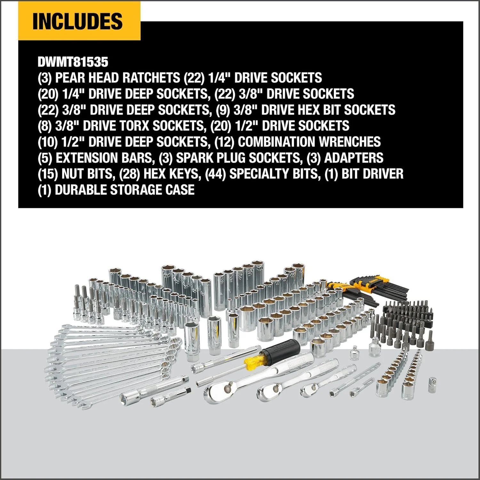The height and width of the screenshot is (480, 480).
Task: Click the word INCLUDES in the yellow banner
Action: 77,21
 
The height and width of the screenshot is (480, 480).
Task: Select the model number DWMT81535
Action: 73,62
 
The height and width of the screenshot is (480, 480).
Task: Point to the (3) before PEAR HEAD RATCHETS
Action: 44,78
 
